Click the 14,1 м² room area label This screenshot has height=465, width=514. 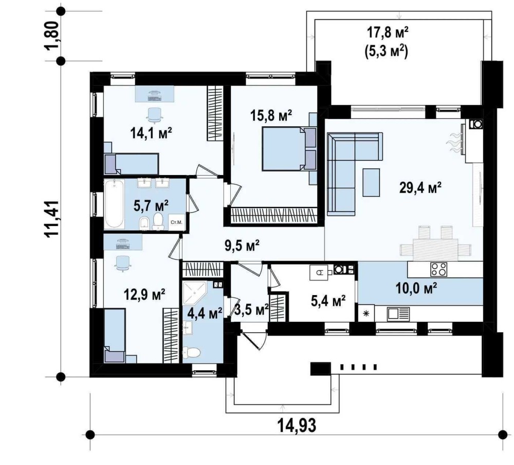coord(151,133)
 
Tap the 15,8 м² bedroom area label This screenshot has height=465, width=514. coord(271,115)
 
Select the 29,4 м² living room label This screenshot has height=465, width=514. coord(420,188)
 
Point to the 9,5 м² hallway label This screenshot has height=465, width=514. coord(242,245)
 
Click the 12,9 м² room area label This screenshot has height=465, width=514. coord(144,295)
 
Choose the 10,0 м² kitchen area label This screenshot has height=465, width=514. coord(416,288)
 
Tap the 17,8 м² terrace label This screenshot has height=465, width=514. coord(388,33)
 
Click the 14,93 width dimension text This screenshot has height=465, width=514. coord(297,425)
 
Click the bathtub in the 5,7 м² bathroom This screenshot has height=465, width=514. coord(115,203)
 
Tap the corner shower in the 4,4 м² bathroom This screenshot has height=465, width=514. coord(195,292)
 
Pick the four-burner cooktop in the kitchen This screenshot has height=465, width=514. coord(438,269)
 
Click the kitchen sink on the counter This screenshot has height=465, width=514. coord(398,314)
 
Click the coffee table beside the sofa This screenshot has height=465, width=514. coord(371,182)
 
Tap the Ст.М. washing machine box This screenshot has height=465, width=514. coord(176,222)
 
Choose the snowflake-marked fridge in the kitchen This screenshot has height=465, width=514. coord(366,314)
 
